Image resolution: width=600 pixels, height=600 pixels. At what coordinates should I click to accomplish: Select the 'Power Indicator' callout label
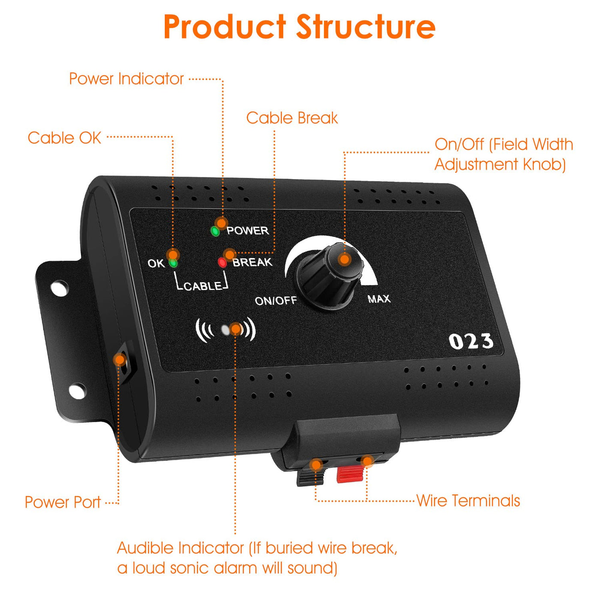pyautogui.click(x=126, y=79)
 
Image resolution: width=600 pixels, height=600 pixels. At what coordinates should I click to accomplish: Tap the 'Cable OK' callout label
pyautogui.click(x=64, y=138)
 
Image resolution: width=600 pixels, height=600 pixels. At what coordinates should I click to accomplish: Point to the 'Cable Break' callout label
pyautogui.click(x=292, y=118)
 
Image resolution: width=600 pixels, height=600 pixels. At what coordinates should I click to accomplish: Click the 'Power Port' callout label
pyautogui.click(x=63, y=502)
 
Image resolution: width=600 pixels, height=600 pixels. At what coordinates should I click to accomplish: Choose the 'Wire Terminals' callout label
pyautogui.click(x=468, y=501)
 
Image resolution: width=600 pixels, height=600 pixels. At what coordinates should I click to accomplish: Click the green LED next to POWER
pyautogui.click(x=215, y=232)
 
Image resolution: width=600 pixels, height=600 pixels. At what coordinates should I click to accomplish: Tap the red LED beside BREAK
pyautogui.click(x=222, y=262)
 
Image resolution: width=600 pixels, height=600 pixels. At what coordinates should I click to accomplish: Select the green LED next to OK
pyautogui.click(x=173, y=263)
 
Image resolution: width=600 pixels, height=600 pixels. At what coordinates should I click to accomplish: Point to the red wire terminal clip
pyautogui.click(x=349, y=473)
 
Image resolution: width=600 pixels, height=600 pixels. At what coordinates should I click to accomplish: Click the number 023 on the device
pyautogui.click(x=471, y=342)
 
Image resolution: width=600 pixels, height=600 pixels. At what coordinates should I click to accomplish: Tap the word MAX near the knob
pyautogui.click(x=379, y=299)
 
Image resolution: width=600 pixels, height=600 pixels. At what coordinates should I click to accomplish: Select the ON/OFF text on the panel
pyautogui.click(x=276, y=300)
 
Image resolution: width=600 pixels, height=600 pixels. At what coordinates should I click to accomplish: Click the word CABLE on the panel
pyautogui.click(x=203, y=286)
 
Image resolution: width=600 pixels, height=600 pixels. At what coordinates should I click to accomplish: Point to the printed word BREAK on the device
pyautogui.click(x=252, y=262)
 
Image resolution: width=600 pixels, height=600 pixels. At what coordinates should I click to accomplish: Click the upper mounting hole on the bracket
pyautogui.click(x=60, y=287)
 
